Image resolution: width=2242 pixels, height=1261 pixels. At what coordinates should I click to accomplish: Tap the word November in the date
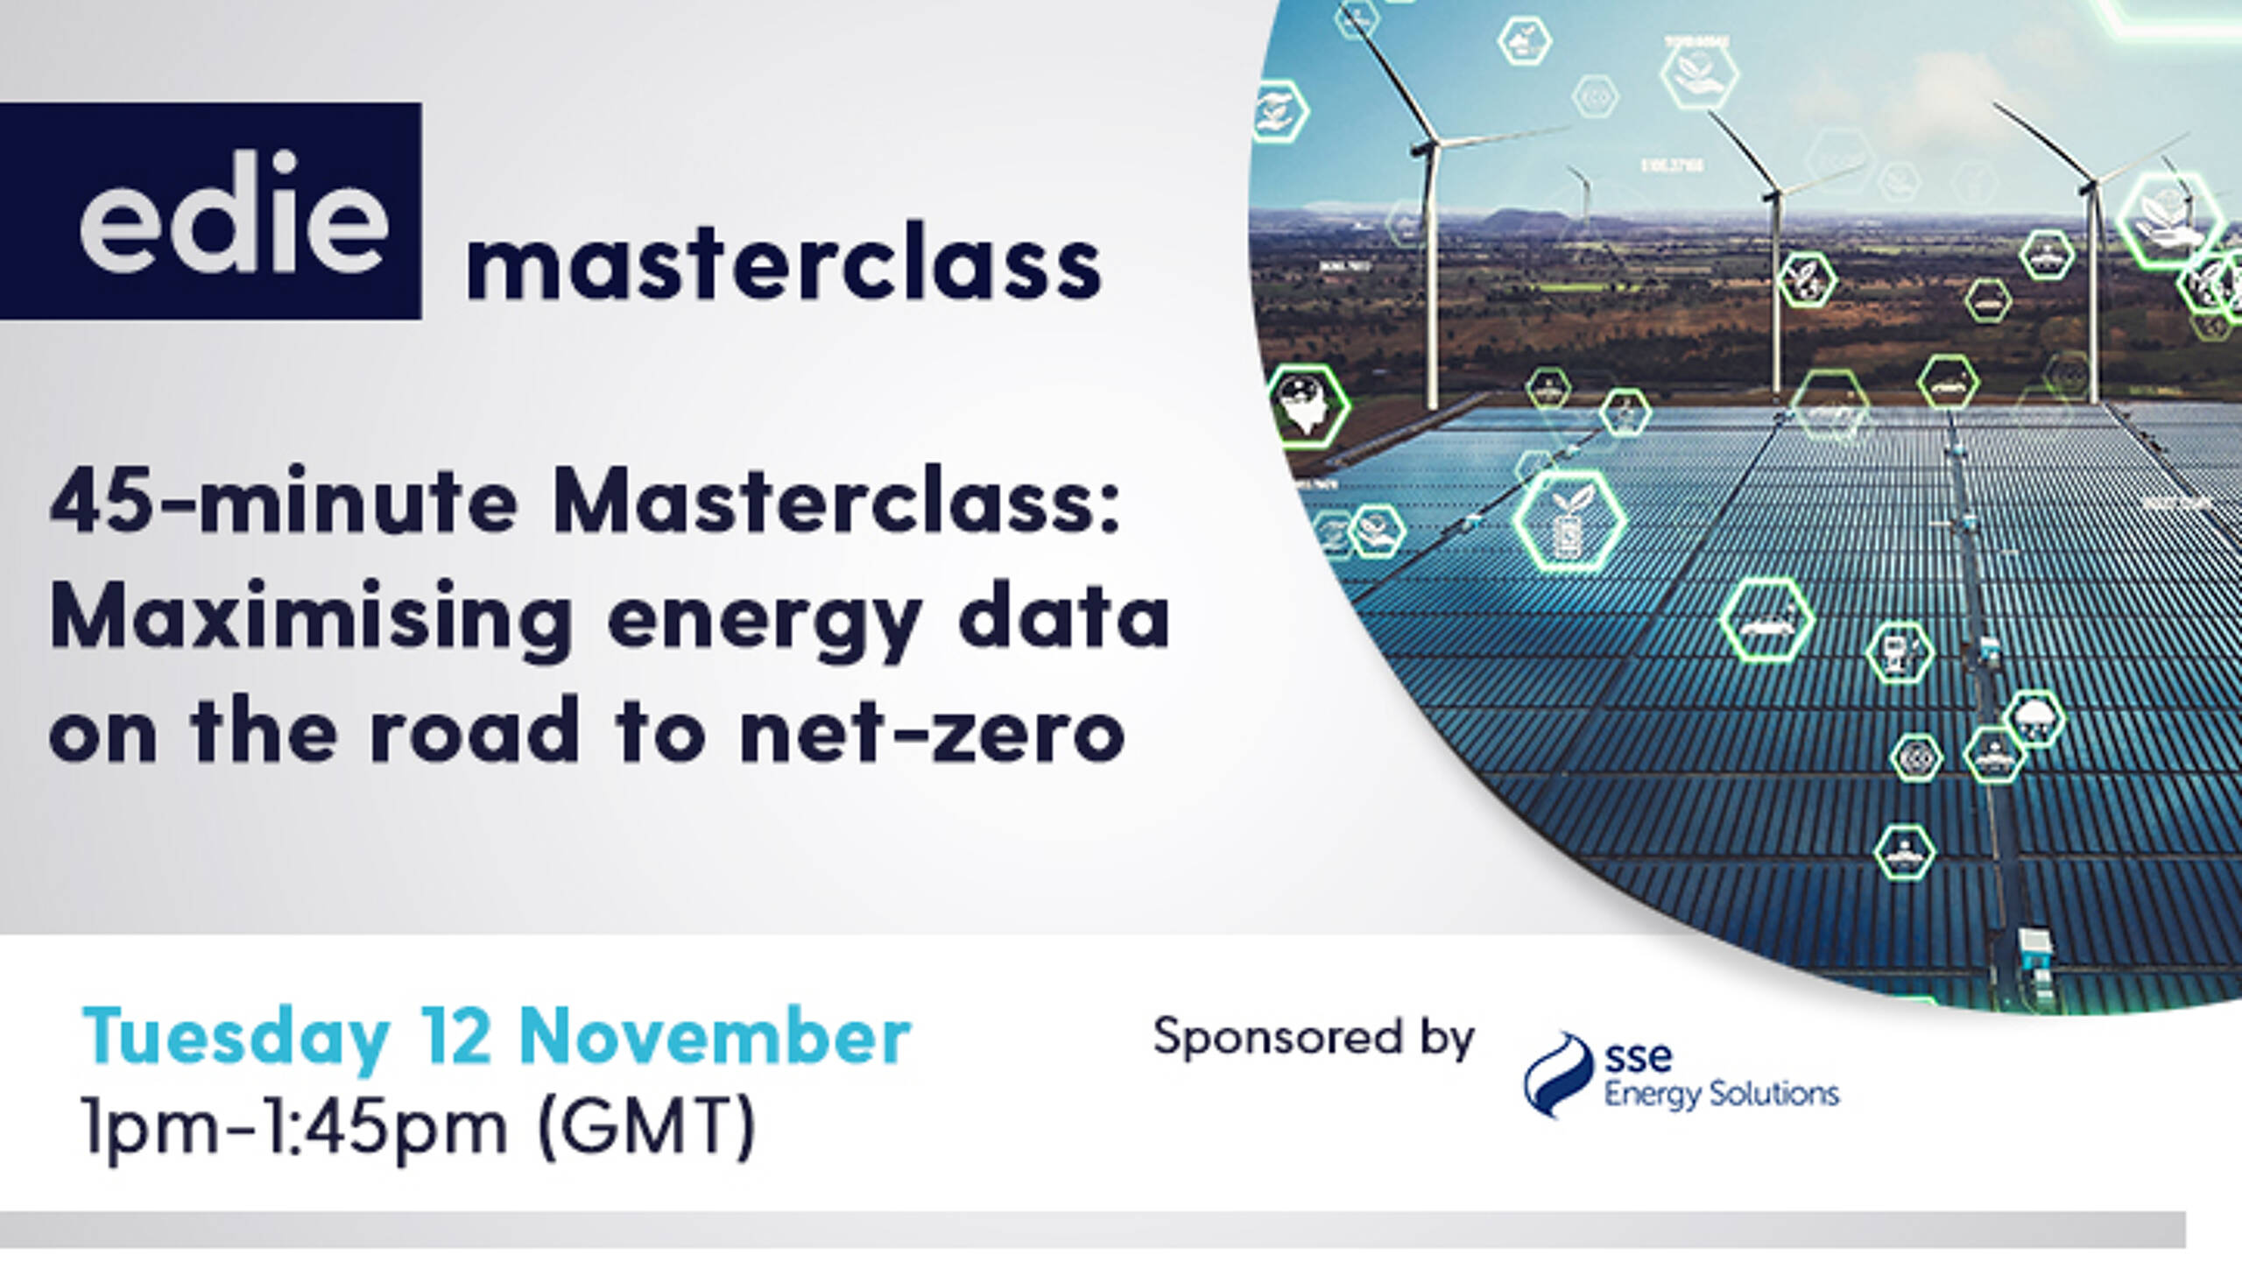715,1037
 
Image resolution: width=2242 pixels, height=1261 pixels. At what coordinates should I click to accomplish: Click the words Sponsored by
1314,1039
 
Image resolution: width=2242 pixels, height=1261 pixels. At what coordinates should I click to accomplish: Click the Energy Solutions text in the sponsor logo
1722,1095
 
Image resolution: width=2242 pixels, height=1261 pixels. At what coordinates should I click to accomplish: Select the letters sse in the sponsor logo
1638,1058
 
